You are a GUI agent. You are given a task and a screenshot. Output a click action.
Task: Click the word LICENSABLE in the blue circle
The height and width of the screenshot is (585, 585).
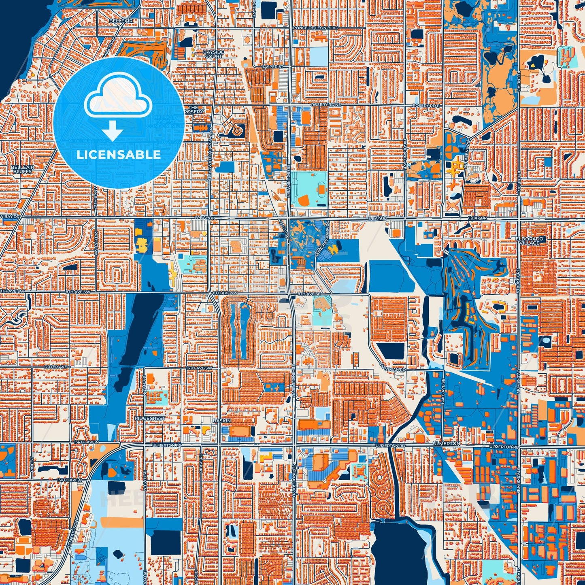119,155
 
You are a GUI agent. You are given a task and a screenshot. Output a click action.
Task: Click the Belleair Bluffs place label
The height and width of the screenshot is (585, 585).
22,169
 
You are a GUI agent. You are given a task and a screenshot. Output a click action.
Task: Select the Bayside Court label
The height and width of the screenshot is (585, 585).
213,54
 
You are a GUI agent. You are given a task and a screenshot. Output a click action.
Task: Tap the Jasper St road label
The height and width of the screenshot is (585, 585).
271,66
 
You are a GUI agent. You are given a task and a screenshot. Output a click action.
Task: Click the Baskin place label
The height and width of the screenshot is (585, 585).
222,421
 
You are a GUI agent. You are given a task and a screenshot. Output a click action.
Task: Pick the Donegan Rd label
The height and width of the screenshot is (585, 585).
393,370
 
